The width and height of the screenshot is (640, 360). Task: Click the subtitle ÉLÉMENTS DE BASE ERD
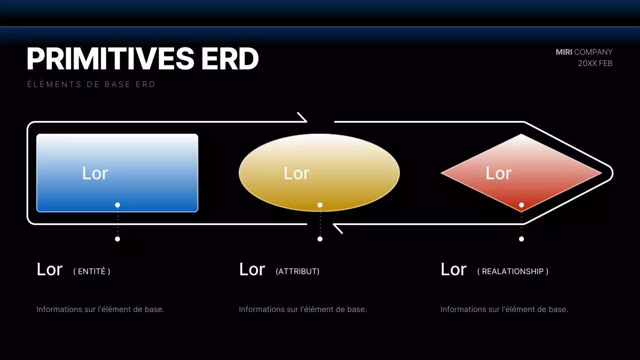(x=91, y=84)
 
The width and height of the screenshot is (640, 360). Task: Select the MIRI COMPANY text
(x=584, y=52)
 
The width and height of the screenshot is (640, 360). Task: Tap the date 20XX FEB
(x=595, y=63)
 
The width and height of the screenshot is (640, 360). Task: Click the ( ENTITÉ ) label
(x=91, y=271)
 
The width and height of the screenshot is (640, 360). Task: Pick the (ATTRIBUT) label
(x=297, y=271)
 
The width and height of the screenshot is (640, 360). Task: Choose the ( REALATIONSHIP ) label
(x=512, y=271)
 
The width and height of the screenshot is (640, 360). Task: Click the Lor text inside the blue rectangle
(x=95, y=173)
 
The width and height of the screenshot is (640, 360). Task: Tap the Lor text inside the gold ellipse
(x=296, y=173)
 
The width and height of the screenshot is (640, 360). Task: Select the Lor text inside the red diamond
(x=498, y=173)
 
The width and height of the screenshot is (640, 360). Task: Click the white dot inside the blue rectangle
(x=117, y=205)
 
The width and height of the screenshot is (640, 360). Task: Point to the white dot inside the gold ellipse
(x=320, y=205)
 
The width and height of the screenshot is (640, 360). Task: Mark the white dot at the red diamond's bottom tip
(x=521, y=205)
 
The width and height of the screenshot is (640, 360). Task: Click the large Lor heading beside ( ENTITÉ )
(x=49, y=269)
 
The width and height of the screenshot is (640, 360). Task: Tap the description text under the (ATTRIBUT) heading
(x=302, y=309)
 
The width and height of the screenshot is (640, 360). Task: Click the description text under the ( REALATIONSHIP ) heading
(x=504, y=309)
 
